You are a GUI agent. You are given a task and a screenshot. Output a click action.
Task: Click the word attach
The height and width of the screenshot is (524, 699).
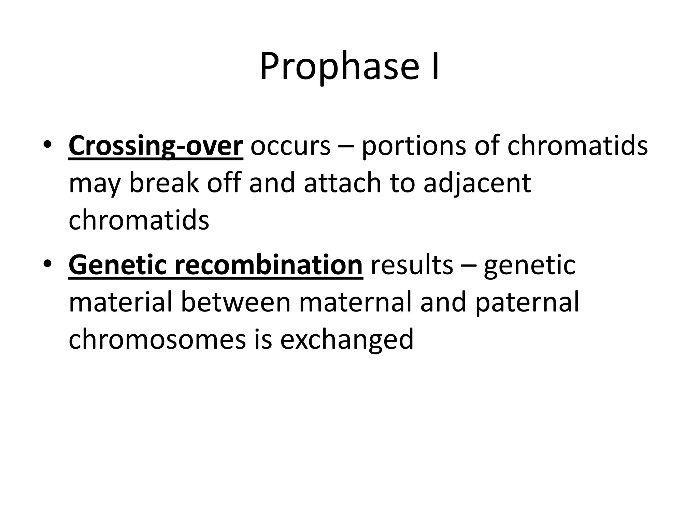point(342,183)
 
